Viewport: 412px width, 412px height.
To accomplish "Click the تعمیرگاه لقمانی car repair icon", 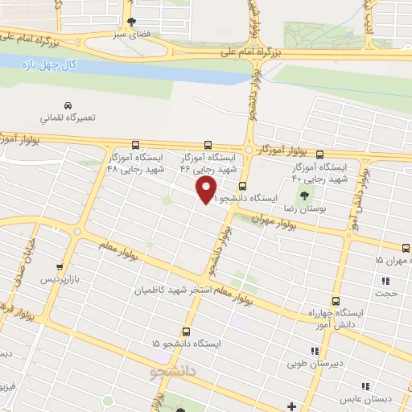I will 69,105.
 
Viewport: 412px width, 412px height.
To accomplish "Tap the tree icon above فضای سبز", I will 132,23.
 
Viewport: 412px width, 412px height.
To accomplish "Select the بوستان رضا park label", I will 309,208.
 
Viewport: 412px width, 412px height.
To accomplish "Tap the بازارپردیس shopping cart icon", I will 58,267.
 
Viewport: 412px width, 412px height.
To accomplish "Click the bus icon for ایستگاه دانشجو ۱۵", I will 187,331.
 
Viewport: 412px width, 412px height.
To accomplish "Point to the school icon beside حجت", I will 385,281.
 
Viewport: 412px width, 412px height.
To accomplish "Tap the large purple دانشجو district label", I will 175,372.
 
